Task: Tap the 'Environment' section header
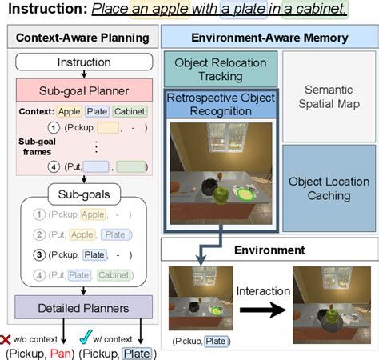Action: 269,250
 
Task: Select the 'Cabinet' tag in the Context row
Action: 130,111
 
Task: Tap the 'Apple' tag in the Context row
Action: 70,111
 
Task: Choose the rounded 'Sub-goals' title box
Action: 73,194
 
